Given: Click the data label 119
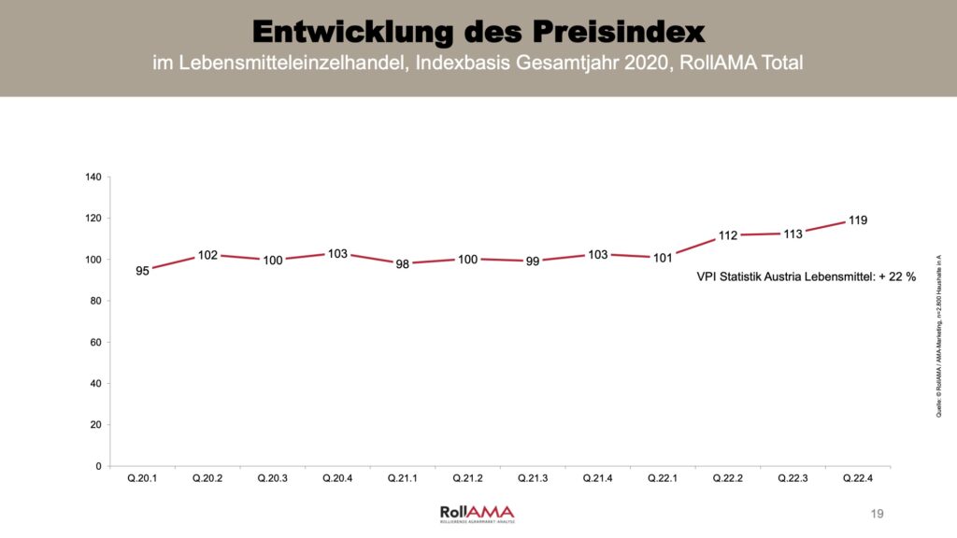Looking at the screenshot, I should (x=858, y=221).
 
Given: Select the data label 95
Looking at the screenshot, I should (x=142, y=272).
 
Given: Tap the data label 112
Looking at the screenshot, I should (x=728, y=235).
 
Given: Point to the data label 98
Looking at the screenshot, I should (x=403, y=264).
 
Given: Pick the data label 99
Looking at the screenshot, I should (x=533, y=262).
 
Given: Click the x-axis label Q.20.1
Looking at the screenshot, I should (x=142, y=479).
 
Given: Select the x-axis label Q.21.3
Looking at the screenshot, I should (x=533, y=479).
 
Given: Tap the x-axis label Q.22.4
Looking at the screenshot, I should (x=858, y=479).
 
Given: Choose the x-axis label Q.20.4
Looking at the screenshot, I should (x=337, y=479).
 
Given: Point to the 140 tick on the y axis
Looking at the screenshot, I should (x=93, y=177).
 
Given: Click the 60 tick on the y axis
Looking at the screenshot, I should (x=96, y=343).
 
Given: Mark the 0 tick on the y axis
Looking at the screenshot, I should (x=99, y=466).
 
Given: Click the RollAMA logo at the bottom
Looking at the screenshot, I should (x=477, y=513).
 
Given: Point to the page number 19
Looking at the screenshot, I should (x=876, y=514).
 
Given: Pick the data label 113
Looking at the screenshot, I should (x=793, y=234).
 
